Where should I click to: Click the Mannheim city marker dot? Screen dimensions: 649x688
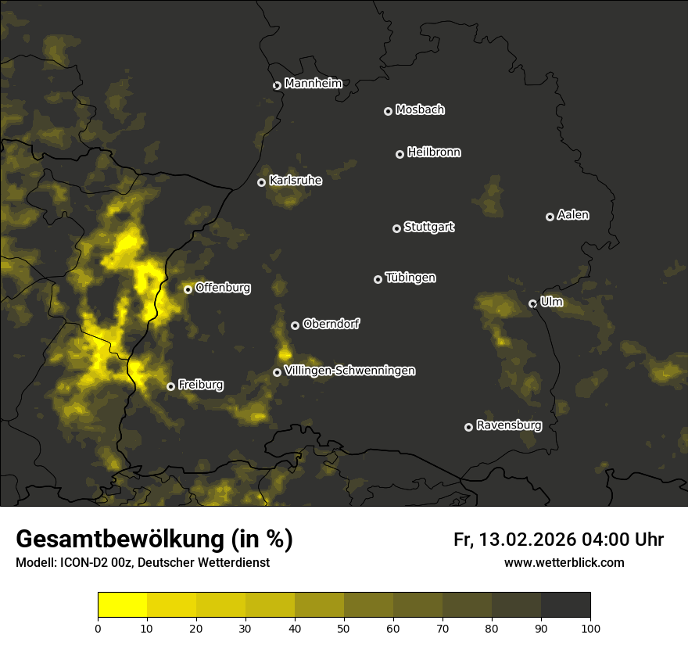pos(277,86)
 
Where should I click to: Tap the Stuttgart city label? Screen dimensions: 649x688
pos(428,228)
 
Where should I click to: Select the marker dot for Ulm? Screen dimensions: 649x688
pos(532,303)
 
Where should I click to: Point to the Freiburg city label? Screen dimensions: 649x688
pos(200,385)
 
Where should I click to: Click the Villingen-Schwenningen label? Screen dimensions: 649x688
pos(349,371)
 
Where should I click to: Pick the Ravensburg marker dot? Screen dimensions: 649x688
pos(468,427)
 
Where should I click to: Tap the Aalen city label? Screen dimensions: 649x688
pos(573,215)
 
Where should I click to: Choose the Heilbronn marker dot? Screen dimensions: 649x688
pos(400,154)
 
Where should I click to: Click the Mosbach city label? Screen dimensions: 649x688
pos(420,110)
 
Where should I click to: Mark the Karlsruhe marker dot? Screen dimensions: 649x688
pos(261,182)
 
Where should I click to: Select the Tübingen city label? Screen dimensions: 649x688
pos(410,278)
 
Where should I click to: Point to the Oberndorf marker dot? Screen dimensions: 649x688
pos(295,325)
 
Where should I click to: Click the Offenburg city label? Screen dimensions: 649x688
pos(223,288)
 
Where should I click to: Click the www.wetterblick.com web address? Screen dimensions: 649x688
pos(564,562)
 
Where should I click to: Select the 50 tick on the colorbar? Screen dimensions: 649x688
pos(344,627)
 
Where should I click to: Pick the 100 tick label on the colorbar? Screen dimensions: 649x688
pos(590,627)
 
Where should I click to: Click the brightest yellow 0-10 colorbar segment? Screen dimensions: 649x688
pos(122,604)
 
